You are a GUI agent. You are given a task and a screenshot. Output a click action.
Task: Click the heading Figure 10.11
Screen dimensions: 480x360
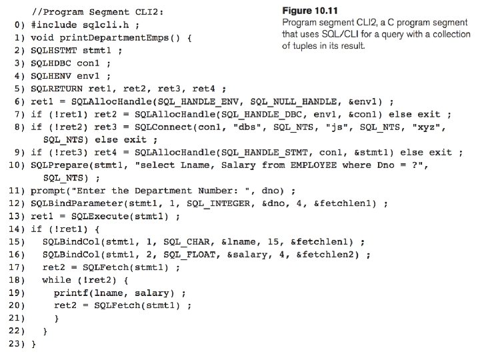coord(310,11)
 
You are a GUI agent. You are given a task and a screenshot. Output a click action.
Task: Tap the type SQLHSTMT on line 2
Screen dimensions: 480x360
coord(53,51)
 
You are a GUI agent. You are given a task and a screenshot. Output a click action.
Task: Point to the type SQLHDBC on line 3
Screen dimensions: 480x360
coord(51,63)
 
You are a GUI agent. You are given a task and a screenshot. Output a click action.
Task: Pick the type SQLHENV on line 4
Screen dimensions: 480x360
coord(51,76)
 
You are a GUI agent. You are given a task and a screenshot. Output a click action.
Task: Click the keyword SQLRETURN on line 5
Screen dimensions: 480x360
coord(57,89)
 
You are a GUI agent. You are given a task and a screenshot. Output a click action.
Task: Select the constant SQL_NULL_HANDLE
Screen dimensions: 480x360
coord(293,101)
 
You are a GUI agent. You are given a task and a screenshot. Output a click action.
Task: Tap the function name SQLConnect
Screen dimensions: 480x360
coord(163,127)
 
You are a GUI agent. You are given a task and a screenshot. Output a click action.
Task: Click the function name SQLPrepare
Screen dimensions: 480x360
coord(59,165)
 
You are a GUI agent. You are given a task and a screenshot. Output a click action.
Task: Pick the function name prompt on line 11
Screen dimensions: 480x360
coord(48,191)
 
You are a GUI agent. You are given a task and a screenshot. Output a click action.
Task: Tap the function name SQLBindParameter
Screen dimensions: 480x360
coord(77,203)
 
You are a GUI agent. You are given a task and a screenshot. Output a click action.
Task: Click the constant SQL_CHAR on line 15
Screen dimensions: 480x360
coord(187,242)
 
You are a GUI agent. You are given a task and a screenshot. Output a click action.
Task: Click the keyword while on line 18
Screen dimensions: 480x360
coord(57,280)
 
